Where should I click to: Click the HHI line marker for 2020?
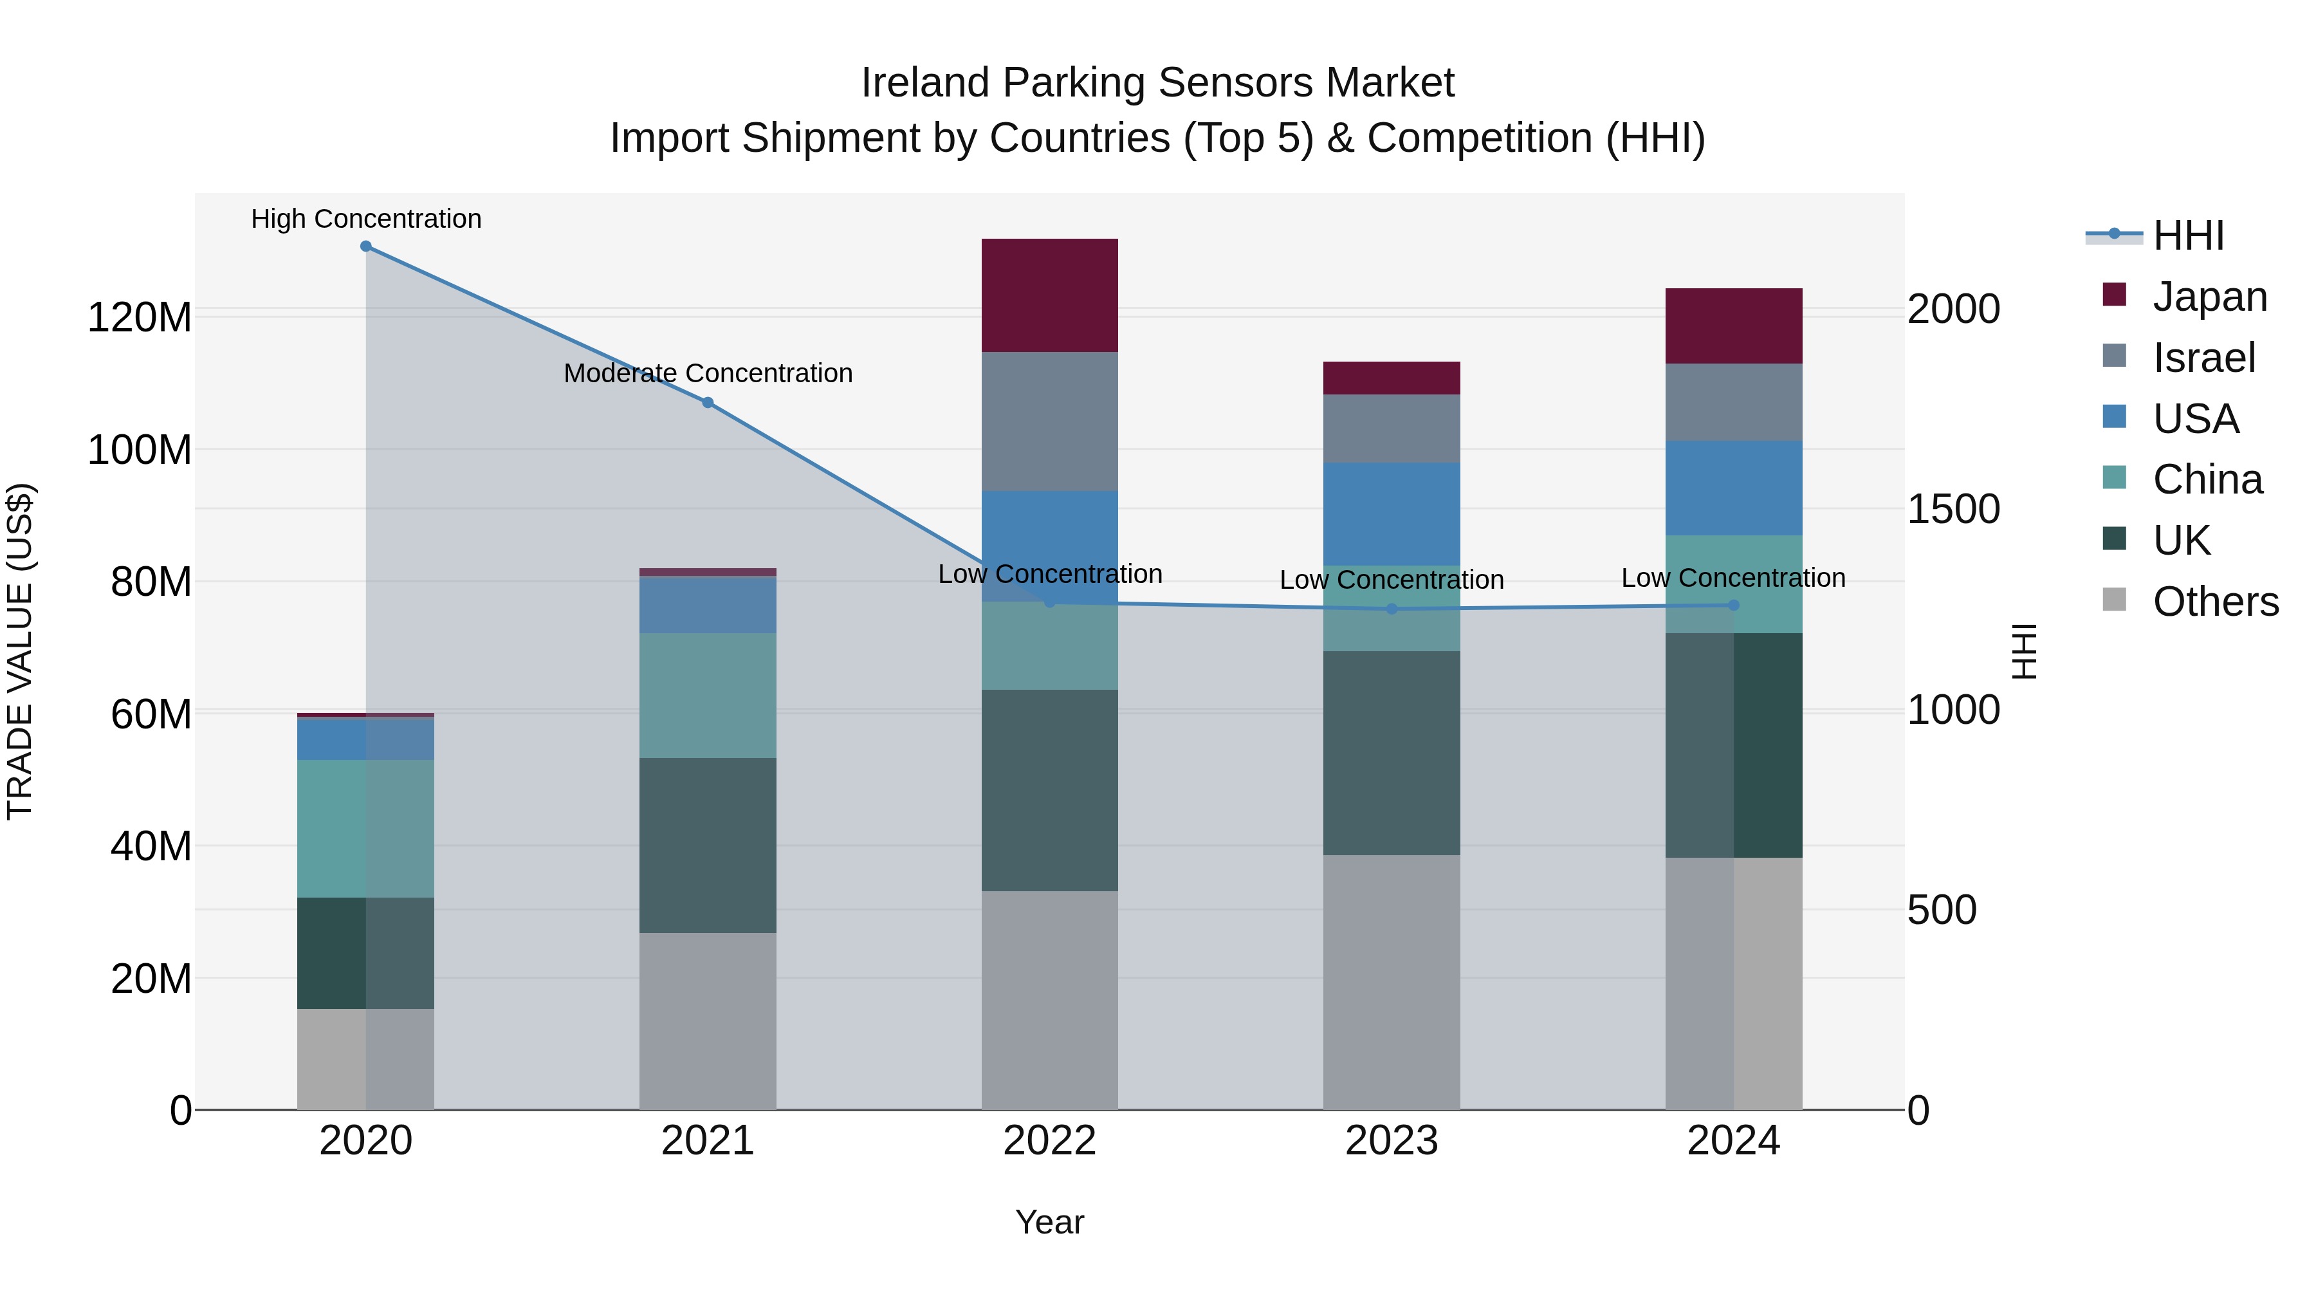[x=366, y=246]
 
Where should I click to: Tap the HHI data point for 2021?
[x=708, y=402]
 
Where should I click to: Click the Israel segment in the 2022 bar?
[x=1049, y=421]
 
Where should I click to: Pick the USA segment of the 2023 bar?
[x=1391, y=513]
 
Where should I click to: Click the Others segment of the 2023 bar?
[x=1391, y=981]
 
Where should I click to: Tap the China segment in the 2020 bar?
[x=366, y=828]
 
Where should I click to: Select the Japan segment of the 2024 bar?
[x=1733, y=326]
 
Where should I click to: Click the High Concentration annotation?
[x=366, y=219]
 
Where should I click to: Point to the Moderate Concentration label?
[x=708, y=373]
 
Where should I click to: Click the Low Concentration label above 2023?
[x=1391, y=580]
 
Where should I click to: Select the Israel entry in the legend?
[x=2203, y=358]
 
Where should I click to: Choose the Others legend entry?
[x=2215, y=602]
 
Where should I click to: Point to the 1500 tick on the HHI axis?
[x=1953, y=510]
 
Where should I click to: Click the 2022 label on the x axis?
[x=1049, y=1141]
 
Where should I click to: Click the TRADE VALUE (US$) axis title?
[x=20, y=651]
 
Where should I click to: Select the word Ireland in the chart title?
[x=925, y=83]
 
